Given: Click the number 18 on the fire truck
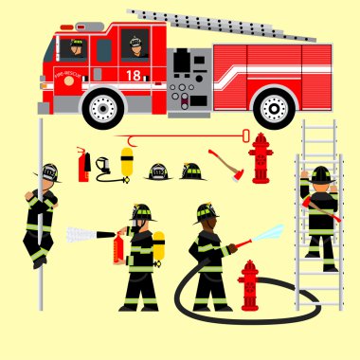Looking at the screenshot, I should (x=134, y=74).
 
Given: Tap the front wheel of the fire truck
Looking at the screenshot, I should (x=102, y=107).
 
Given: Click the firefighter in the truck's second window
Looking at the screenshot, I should (x=136, y=45).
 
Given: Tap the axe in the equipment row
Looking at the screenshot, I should (x=228, y=165).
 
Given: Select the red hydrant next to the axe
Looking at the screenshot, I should (x=260, y=157).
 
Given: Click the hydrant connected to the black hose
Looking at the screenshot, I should (x=249, y=285).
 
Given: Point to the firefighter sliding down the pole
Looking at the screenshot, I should (x=41, y=216).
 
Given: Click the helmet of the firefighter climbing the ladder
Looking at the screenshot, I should (x=321, y=173).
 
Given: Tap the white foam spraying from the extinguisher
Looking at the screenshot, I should (x=89, y=232).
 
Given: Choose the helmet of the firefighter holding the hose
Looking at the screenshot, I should (x=206, y=212).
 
